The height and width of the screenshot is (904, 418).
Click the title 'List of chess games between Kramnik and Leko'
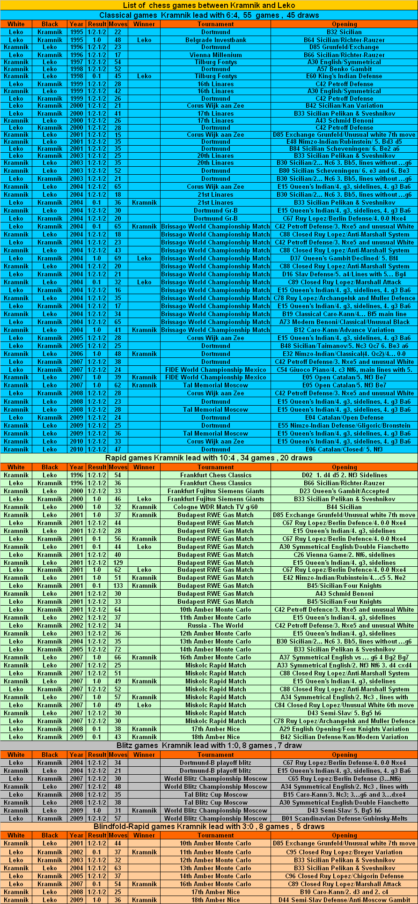point(209,5)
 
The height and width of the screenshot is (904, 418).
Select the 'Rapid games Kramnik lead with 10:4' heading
point(209,458)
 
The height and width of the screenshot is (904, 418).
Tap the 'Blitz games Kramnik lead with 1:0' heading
point(209,745)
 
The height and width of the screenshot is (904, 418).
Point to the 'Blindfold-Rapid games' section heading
point(209,826)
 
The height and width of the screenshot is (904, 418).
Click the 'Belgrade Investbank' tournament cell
point(215,40)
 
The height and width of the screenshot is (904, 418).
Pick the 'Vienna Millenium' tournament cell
point(215,55)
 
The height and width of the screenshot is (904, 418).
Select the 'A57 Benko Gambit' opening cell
point(344,69)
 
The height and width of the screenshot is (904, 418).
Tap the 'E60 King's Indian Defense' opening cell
point(344,76)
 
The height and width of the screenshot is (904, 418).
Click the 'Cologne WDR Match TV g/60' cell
point(215,507)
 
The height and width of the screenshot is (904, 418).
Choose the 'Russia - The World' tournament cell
point(215,625)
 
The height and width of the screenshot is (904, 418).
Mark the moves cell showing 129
point(117,563)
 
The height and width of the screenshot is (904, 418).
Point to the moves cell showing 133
point(117,585)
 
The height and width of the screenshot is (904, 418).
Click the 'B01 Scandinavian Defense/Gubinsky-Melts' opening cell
point(344,818)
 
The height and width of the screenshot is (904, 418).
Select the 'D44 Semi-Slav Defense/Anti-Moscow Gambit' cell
point(344,900)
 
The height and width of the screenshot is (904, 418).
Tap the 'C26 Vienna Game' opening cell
point(344,555)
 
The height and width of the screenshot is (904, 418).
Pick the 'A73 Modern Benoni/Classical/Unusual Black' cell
point(344,322)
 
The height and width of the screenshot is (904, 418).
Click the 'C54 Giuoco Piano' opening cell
point(344,370)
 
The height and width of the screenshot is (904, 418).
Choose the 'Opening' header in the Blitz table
point(344,755)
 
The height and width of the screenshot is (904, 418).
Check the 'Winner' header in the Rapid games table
point(144,467)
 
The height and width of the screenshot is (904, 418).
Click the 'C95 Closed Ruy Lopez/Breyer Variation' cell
point(344,852)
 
